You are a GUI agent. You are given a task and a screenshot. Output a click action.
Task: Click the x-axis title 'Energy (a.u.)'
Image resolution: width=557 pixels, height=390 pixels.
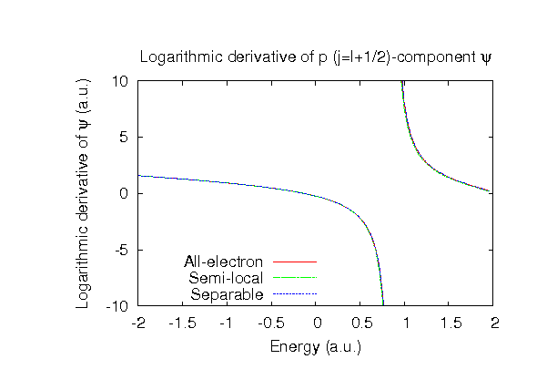(x=315, y=346)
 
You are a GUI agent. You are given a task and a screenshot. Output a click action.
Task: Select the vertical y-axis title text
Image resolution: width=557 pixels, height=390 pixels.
(x=83, y=193)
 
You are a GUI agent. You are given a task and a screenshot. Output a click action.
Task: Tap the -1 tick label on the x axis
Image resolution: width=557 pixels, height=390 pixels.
(x=228, y=323)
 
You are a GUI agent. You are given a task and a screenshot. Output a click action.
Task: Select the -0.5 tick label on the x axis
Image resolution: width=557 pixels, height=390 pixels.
(x=272, y=323)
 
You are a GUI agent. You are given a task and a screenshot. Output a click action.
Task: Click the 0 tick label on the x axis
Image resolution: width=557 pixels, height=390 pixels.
(x=317, y=323)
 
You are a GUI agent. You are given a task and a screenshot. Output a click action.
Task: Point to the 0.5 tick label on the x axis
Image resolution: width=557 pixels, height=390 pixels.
(x=361, y=323)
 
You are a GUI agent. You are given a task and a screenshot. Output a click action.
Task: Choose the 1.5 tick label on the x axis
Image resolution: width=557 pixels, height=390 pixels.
(x=451, y=323)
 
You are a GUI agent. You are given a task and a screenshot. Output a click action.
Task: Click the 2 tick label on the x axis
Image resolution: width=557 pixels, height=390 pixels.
(x=495, y=323)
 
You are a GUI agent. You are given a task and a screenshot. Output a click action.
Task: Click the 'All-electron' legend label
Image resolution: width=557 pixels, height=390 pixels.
(x=224, y=262)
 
